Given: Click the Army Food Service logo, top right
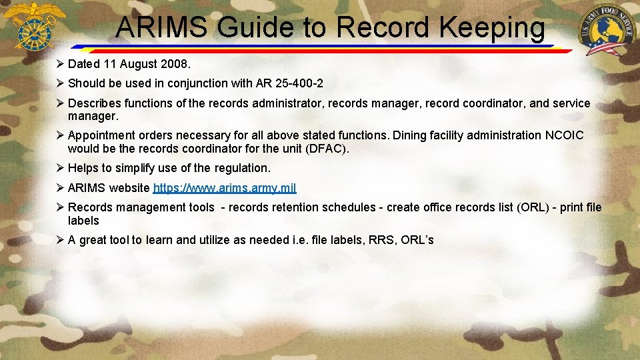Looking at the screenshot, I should coord(607,30).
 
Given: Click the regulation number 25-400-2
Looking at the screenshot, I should coord(299,83).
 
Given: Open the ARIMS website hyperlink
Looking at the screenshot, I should coord(225,188).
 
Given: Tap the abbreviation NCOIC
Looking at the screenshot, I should coord(565,135).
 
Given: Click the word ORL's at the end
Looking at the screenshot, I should coord(417,240).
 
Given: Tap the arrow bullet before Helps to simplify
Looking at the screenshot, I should coord(59,168).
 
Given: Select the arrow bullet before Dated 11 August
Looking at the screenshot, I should coord(59,65).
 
